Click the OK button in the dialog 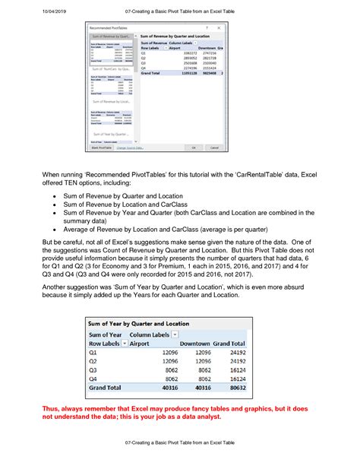[x=194, y=147]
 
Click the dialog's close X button [x=218, y=27]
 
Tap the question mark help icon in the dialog [x=205, y=27]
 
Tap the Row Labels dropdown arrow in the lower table [x=125, y=343]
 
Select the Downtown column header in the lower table [x=196, y=343]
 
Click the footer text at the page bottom [x=179, y=441]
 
